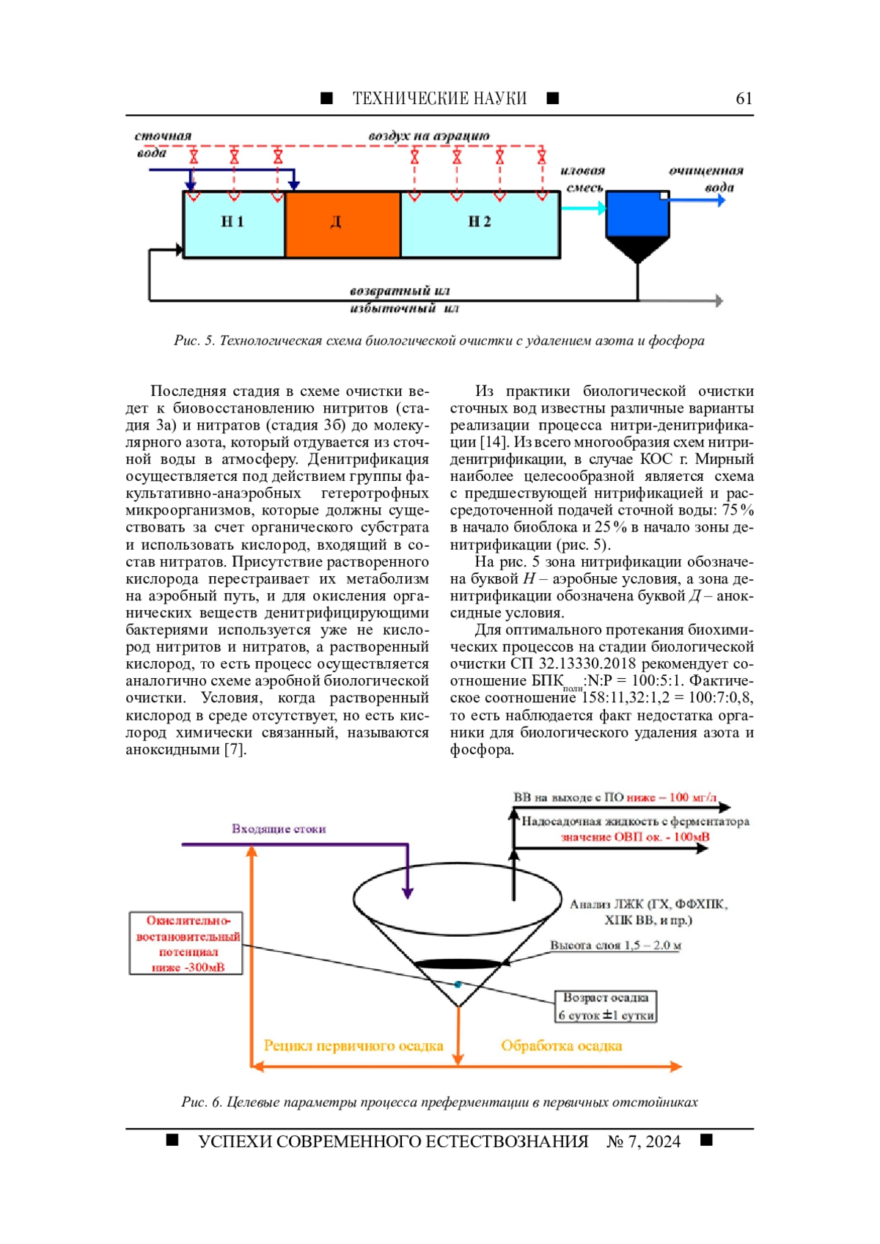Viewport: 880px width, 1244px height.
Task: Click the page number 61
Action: click(x=744, y=98)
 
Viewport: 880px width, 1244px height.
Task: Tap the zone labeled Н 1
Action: click(x=233, y=224)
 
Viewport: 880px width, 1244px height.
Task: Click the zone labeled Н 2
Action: click(x=480, y=224)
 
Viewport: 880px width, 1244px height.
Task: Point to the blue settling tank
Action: click(x=637, y=214)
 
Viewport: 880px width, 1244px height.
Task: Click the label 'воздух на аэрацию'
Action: click(x=429, y=136)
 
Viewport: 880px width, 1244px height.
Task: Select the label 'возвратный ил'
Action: click(x=400, y=291)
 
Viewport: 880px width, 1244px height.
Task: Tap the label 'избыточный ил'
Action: click(x=404, y=308)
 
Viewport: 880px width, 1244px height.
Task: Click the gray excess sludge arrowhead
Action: click(x=719, y=301)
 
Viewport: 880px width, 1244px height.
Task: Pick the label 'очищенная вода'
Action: click(x=706, y=179)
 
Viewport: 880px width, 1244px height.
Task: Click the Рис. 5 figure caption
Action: click(x=439, y=341)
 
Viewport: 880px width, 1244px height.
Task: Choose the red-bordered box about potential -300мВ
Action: click(x=186, y=943)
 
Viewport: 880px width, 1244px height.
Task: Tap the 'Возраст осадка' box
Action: click(x=606, y=1006)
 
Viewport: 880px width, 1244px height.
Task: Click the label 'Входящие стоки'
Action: click(x=279, y=829)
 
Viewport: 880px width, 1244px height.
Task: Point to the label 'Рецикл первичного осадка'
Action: click(x=353, y=1046)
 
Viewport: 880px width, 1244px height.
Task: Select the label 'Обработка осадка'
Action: click(x=561, y=1046)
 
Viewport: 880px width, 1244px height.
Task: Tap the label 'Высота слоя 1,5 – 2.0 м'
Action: click(x=615, y=946)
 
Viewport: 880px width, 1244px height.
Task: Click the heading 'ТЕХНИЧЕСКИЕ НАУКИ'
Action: click(x=439, y=98)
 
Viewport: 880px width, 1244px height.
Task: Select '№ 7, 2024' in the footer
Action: click(x=643, y=1141)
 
